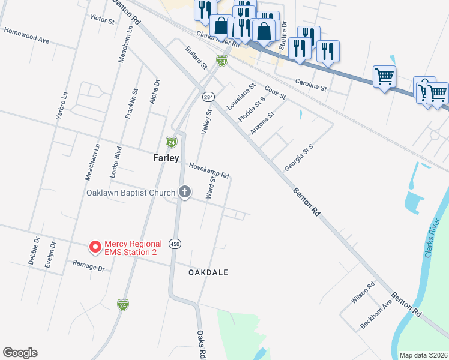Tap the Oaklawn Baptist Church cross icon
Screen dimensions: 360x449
click(185, 193)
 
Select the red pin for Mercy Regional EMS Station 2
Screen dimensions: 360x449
click(95, 247)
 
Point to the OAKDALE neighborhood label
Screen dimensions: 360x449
click(208, 272)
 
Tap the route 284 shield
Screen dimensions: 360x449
click(208, 97)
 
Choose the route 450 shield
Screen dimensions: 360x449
click(175, 244)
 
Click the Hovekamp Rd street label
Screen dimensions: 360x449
click(209, 171)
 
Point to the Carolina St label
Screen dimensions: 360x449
click(310, 84)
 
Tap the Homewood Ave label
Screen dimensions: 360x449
click(26, 34)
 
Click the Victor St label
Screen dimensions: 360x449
click(101, 19)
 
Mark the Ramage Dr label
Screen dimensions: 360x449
click(89, 266)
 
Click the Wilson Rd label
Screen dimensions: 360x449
click(363, 293)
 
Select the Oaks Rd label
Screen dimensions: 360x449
click(202, 344)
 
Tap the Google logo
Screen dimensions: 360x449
click(20, 353)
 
